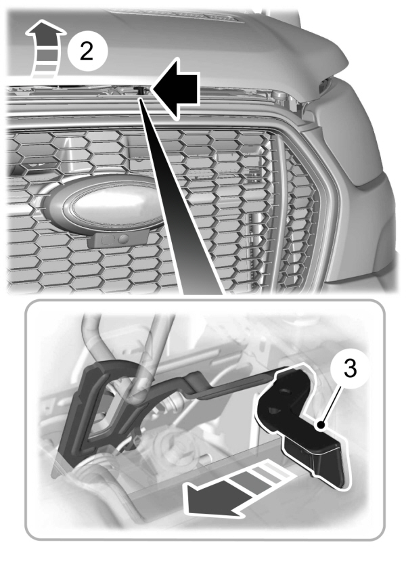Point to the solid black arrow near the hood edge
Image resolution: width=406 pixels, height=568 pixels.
[175, 86]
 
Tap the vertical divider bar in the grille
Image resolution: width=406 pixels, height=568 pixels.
[276, 203]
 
